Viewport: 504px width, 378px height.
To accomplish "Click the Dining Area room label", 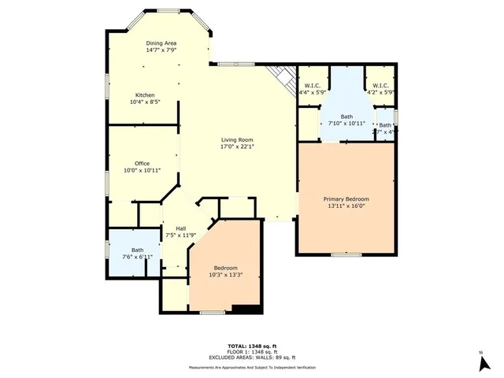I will click(160, 43).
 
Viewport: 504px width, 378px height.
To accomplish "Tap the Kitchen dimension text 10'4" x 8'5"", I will click(145, 102).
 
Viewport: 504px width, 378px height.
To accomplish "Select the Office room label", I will click(142, 164).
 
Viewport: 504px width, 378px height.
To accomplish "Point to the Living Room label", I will click(236, 139).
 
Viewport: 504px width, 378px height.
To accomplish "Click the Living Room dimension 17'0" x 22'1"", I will click(236, 146).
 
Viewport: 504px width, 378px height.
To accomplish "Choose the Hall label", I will click(180, 228).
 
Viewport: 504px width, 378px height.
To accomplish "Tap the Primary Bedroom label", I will click(346, 199).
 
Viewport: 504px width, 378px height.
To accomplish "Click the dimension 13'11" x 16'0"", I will click(346, 206).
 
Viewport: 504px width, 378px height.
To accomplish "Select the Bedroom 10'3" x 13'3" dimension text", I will click(225, 276).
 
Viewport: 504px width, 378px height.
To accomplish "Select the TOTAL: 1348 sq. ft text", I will click(251, 346).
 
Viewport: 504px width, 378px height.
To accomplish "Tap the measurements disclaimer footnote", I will click(251, 368).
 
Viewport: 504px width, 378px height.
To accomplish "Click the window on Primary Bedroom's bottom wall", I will click(346, 254).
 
